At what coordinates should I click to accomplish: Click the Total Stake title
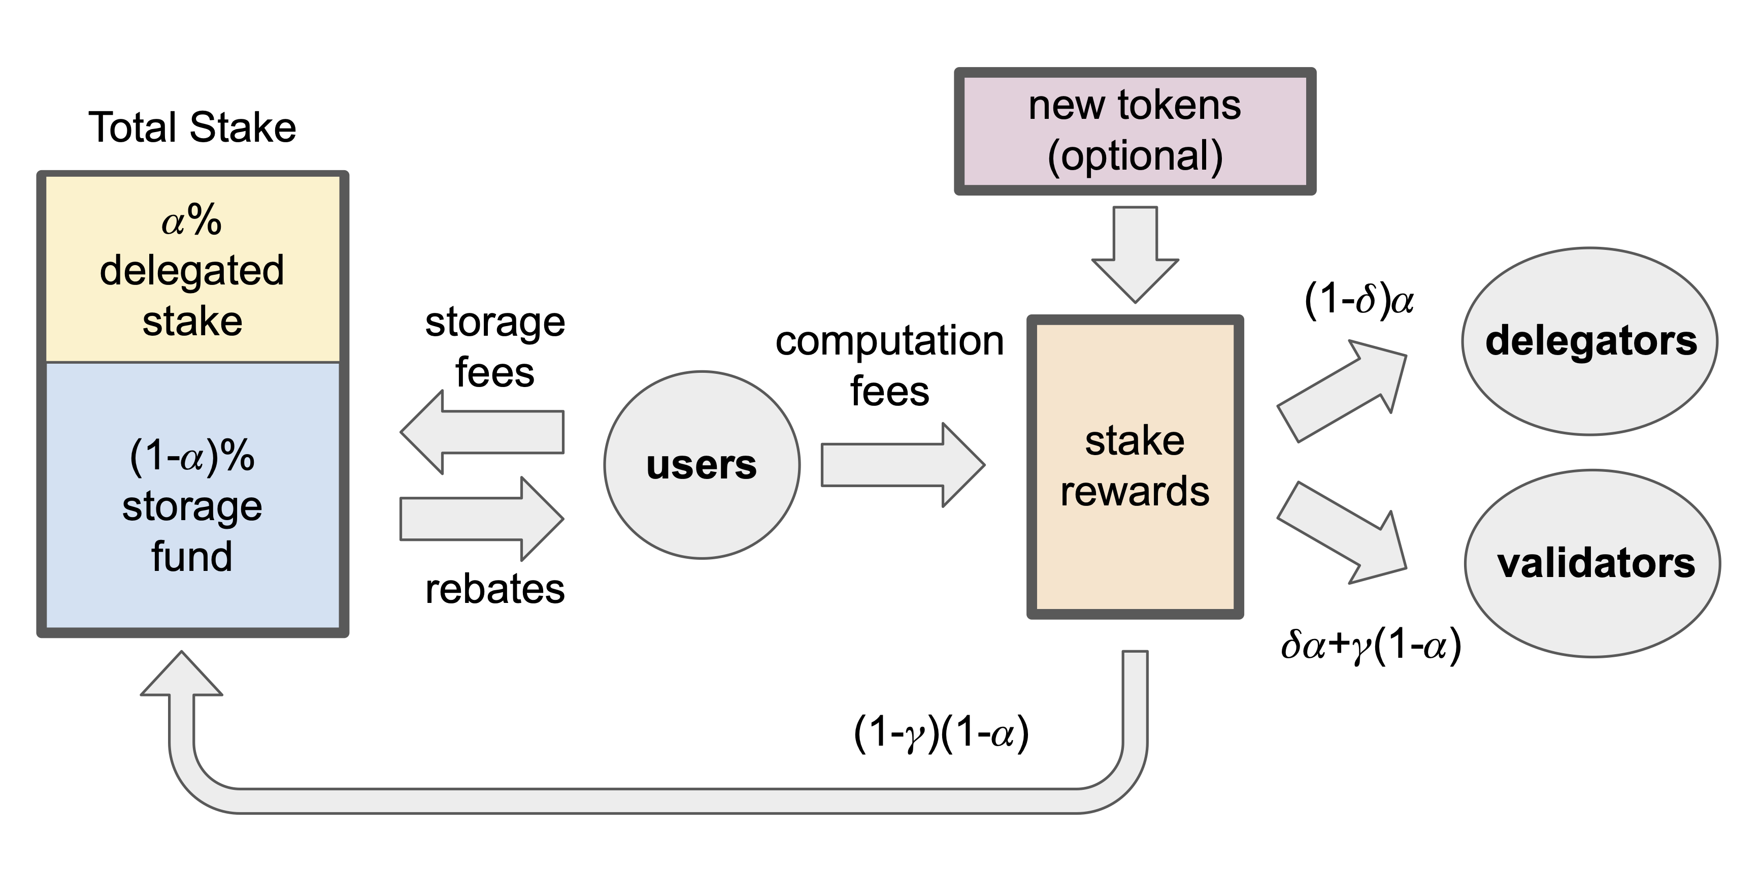click(x=192, y=128)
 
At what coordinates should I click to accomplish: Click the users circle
click(x=702, y=465)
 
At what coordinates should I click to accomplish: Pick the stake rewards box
click(x=1135, y=466)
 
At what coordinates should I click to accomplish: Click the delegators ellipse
click(x=1590, y=341)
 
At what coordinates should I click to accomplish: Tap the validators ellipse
click(x=1593, y=563)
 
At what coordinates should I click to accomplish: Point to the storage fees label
click(x=495, y=347)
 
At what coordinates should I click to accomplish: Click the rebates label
click(x=495, y=589)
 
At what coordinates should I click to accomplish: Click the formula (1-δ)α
click(x=1358, y=301)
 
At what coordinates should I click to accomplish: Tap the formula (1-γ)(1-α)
click(x=941, y=734)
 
